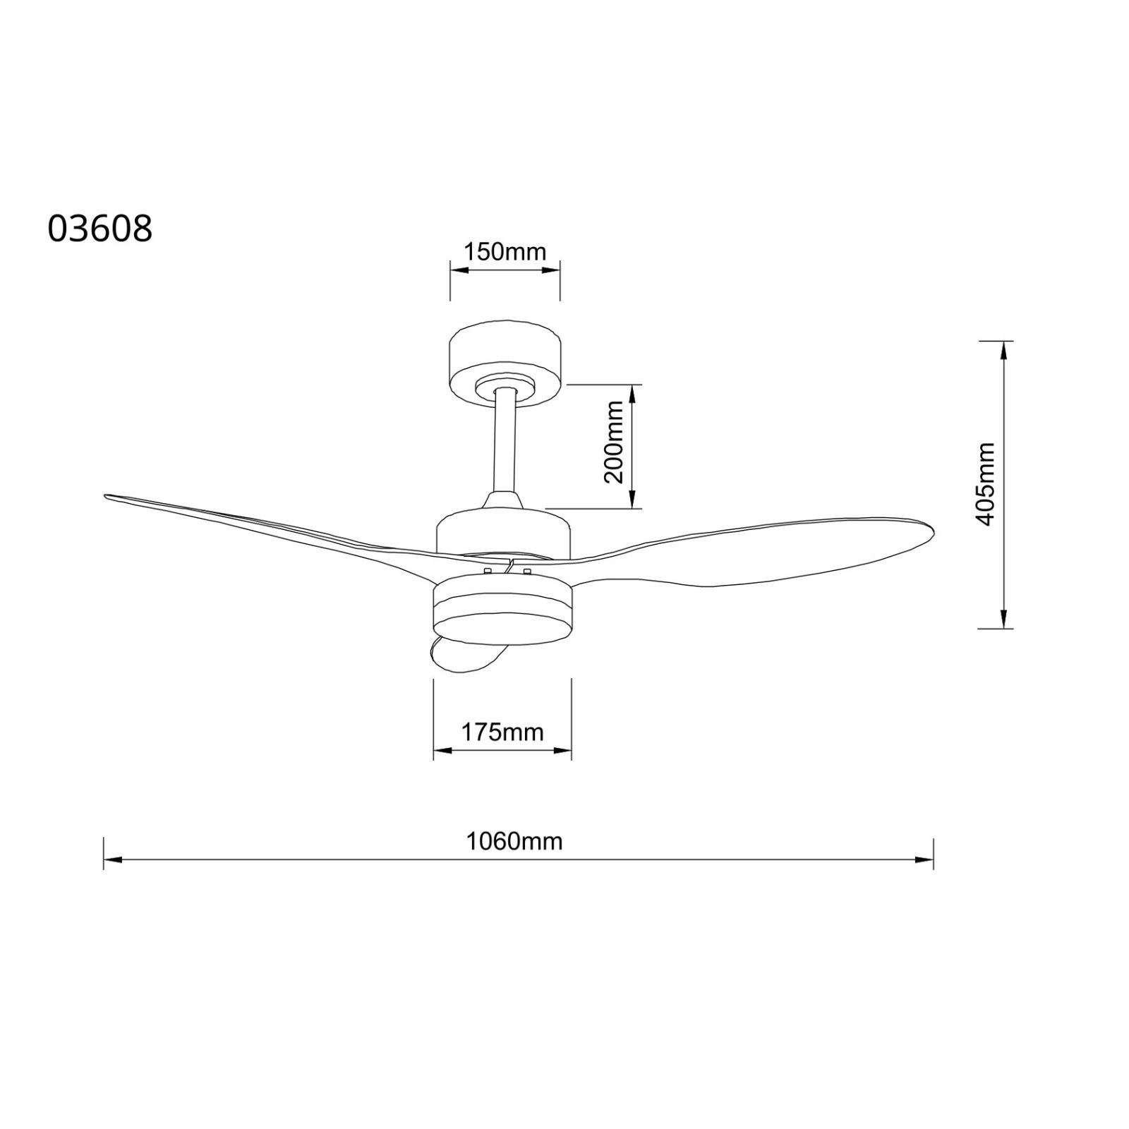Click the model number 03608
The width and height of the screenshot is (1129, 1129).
99,229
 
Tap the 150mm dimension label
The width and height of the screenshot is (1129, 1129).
505,251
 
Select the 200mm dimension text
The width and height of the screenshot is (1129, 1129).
615,442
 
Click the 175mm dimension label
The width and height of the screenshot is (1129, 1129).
502,732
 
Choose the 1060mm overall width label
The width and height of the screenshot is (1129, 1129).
514,841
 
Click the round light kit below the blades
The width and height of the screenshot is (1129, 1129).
502,607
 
